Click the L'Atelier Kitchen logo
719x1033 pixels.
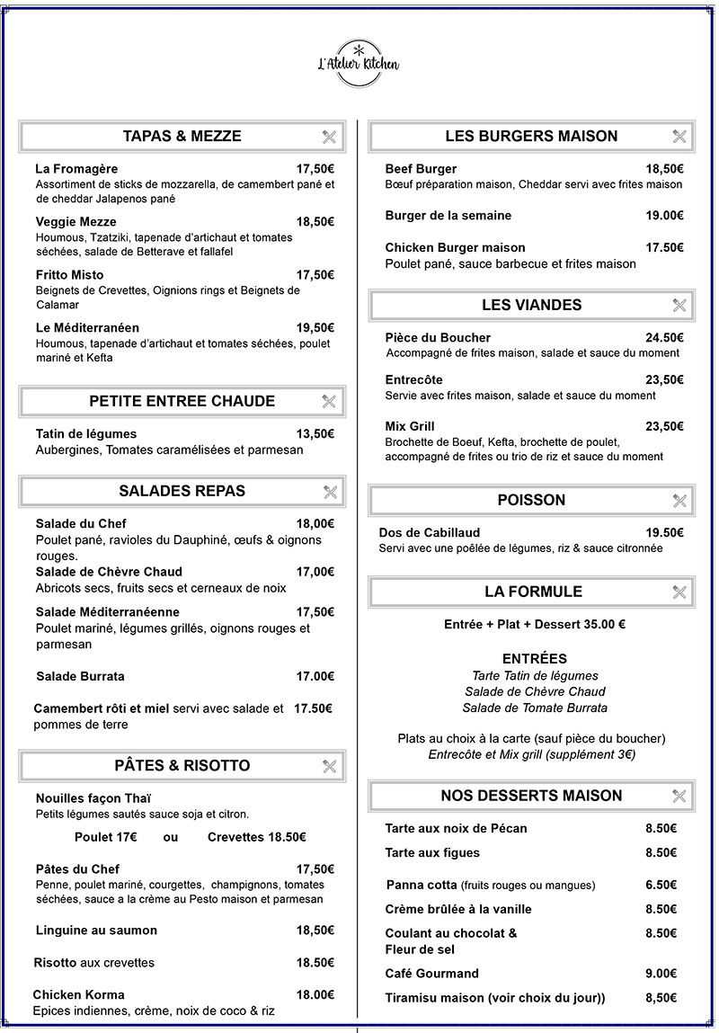click(x=358, y=62)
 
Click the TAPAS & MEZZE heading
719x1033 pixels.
click(x=182, y=137)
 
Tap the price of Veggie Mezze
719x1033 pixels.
click(x=315, y=222)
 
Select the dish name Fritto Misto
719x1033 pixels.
click(x=69, y=275)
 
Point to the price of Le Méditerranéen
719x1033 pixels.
click(x=315, y=328)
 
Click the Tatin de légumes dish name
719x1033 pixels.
click(x=86, y=434)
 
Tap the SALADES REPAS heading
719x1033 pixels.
click(x=182, y=491)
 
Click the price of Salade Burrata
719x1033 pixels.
click(x=315, y=676)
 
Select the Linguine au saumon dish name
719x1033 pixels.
click(x=96, y=931)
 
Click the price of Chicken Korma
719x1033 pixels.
click(x=315, y=995)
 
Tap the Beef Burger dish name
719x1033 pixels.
click(x=421, y=169)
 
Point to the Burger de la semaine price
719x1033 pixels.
click(x=664, y=216)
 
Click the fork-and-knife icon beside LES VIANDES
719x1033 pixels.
click(x=679, y=306)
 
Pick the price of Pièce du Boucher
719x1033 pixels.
click(x=664, y=338)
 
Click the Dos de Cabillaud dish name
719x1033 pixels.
click(x=430, y=533)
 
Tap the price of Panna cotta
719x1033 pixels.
click(x=661, y=885)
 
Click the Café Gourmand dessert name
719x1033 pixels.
click(x=431, y=974)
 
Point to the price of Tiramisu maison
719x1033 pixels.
click(x=661, y=998)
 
